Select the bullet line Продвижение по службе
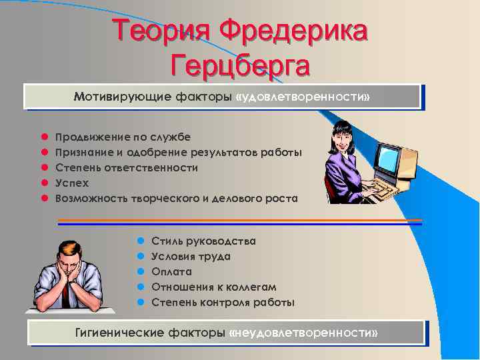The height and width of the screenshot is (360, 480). click(123, 137)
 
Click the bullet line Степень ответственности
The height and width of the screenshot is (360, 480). click(127, 168)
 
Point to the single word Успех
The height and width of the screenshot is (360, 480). click(72, 183)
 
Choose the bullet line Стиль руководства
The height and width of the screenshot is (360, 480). click(203, 241)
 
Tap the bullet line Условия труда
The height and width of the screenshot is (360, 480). click(191, 257)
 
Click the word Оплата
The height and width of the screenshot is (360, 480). click(171, 272)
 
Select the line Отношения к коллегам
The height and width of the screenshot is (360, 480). click(214, 287)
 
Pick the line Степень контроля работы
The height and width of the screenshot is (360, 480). click(223, 303)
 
